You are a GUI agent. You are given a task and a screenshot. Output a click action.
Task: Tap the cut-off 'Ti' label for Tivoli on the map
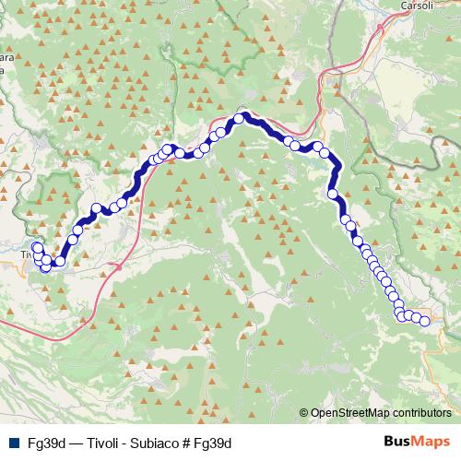(x=26, y=254)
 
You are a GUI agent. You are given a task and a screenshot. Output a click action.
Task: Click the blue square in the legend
(x=11, y=442)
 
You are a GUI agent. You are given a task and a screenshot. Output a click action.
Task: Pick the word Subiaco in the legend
(x=159, y=442)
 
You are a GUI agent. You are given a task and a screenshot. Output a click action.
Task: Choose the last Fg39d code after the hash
(x=213, y=442)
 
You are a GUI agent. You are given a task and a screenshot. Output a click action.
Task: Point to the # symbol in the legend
(x=189, y=442)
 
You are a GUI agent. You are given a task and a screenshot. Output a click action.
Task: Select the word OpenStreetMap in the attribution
(x=351, y=413)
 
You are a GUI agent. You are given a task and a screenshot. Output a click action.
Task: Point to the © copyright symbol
(x=304, y=413)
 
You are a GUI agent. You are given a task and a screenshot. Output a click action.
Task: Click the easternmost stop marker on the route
(x=425, y=320)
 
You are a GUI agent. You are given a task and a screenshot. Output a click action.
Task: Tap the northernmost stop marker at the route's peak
(x=239, y=118)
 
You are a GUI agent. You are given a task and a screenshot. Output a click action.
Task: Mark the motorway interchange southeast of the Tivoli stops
(x=118, y=266)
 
